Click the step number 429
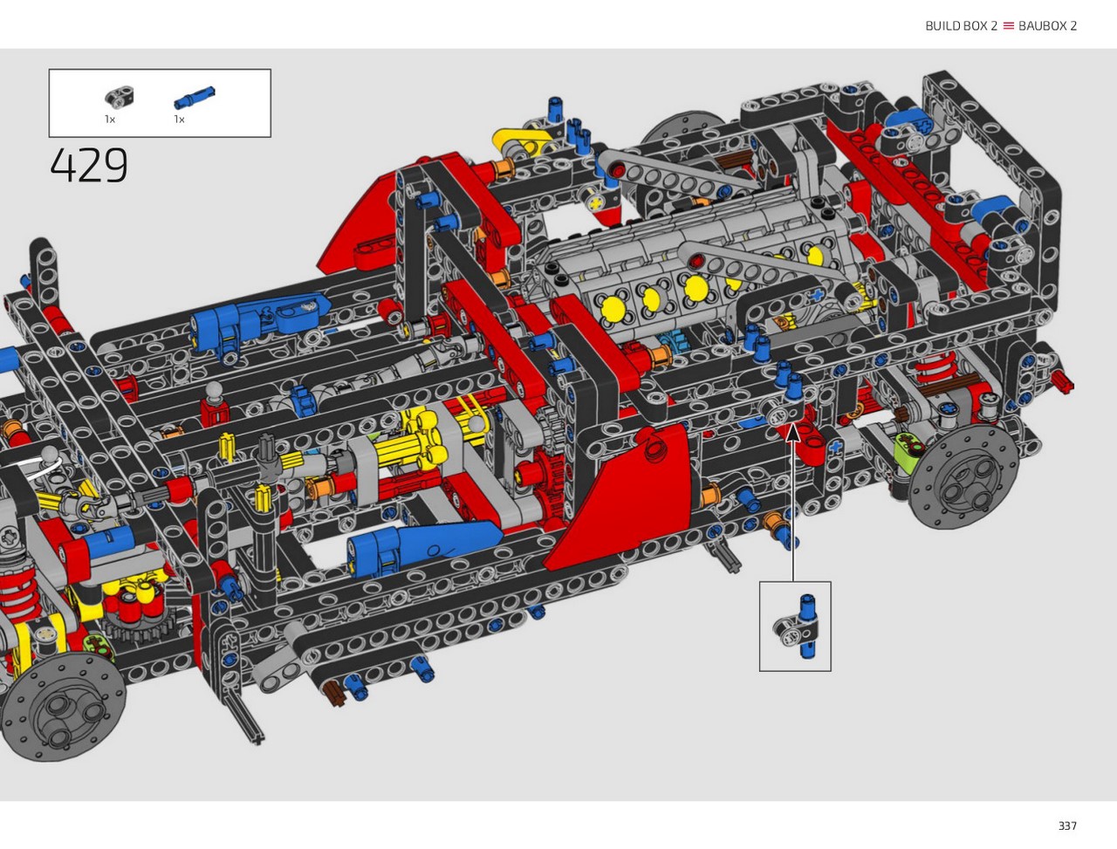pyautogui.click(x=89, y=165)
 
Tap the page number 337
pyautogui.click(x=1067, y=825)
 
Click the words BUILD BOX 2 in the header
pyautogui.click(x=961, y=26)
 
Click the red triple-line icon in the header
pyautogui.click(x=1008, y=26)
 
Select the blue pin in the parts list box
pyautogui.click(x=195, y=98)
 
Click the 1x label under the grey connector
pyautogui.click(x=110, y=120)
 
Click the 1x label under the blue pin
pyautogui.click(x=179, y=120)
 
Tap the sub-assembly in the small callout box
pyautogui.click(x=797, y=626)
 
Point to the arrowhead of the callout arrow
pyautogui.click(x=793, y=432)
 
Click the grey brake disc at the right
pyautogui.click(x=963, y=477)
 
